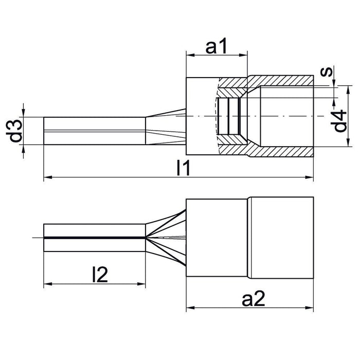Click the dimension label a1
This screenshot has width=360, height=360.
tap(217, 46)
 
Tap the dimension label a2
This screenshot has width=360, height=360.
tap(254, 298)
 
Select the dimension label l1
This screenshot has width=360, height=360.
tap(184, 168)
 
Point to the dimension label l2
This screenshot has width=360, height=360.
tap(100, 274)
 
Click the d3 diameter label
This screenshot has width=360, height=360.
tap(14, 131)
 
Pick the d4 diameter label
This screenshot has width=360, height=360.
tap(338, 121)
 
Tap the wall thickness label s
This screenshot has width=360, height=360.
tap(327, 71)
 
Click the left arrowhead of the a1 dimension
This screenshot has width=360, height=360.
tap(190, 55)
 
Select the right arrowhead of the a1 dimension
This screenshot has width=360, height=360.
tap(243, 55)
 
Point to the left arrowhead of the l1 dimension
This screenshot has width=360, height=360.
tap(48, 177)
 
